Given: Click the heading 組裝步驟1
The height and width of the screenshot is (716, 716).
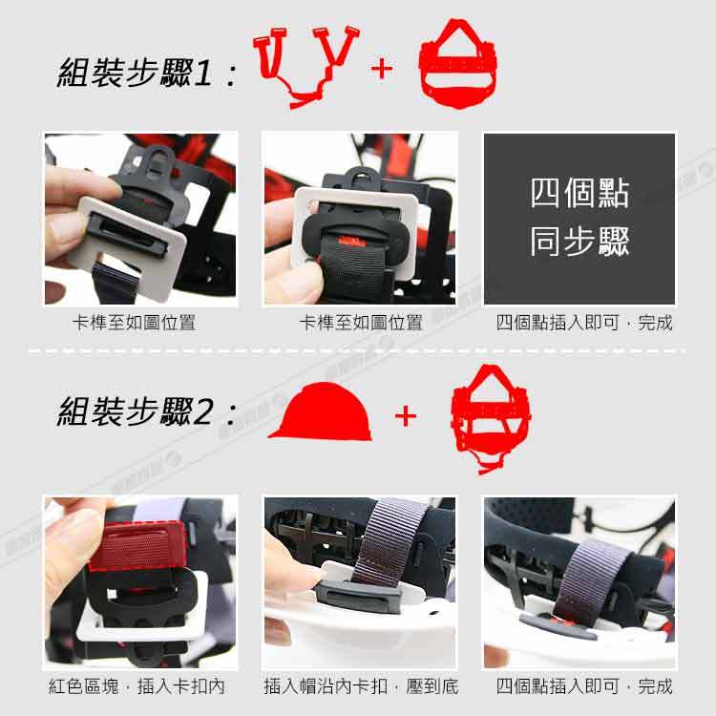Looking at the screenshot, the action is [x=135, y=74].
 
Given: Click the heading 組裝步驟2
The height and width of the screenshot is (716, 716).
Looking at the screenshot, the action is [x=135, y=411].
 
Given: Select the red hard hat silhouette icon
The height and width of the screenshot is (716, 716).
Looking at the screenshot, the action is [x=321, y=411].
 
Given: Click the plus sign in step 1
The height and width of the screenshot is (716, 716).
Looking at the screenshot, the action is [x=382, y=70].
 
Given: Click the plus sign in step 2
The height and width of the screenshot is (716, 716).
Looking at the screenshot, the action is [x=406, y=416].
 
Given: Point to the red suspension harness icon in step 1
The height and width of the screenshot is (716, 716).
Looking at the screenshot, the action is [x=457, y=63].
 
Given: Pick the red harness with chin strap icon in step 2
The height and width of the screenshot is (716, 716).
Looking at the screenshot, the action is [x=491, y=419].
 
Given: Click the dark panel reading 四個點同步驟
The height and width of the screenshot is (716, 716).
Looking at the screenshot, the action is [x=579, y=219].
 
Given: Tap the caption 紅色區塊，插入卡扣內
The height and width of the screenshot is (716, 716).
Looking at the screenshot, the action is [x=137, y=686].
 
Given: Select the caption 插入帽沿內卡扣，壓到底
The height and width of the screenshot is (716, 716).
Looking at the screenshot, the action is [x=361, y=686].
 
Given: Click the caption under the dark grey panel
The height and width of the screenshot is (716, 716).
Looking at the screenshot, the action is [x=584, y=323].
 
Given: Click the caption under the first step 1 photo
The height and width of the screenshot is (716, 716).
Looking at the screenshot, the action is [x=134, y=323].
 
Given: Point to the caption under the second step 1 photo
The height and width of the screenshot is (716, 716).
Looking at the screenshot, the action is [x=361, y=323].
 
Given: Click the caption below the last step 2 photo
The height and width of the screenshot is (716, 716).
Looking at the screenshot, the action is [x=584, y=686].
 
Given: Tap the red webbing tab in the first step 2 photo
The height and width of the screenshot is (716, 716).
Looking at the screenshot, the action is [x=137, y=545].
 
